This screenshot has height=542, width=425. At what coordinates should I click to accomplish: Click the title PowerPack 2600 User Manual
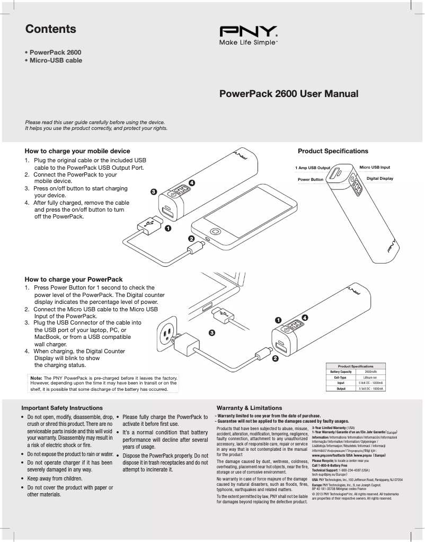coord(289,94)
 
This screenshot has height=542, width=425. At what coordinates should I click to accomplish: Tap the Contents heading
coord(51,29)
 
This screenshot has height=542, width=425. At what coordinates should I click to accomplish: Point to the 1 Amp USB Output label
coord(313,168)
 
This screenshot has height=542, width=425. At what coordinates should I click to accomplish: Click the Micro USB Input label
coord(375,167)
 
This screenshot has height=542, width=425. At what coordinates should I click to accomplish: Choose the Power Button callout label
coord(311,180)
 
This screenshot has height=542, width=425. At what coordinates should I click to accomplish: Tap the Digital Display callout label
coord(380,178)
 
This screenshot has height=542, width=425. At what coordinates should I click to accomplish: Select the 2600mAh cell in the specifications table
coord(370,372)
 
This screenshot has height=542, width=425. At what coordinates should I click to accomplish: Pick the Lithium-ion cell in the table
coord(370,377)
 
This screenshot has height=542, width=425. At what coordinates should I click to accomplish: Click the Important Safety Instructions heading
coord(61,408)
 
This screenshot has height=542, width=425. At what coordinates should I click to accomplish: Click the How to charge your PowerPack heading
coord(74,279)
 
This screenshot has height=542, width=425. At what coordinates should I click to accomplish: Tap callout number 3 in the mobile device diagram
coord(153,191)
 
